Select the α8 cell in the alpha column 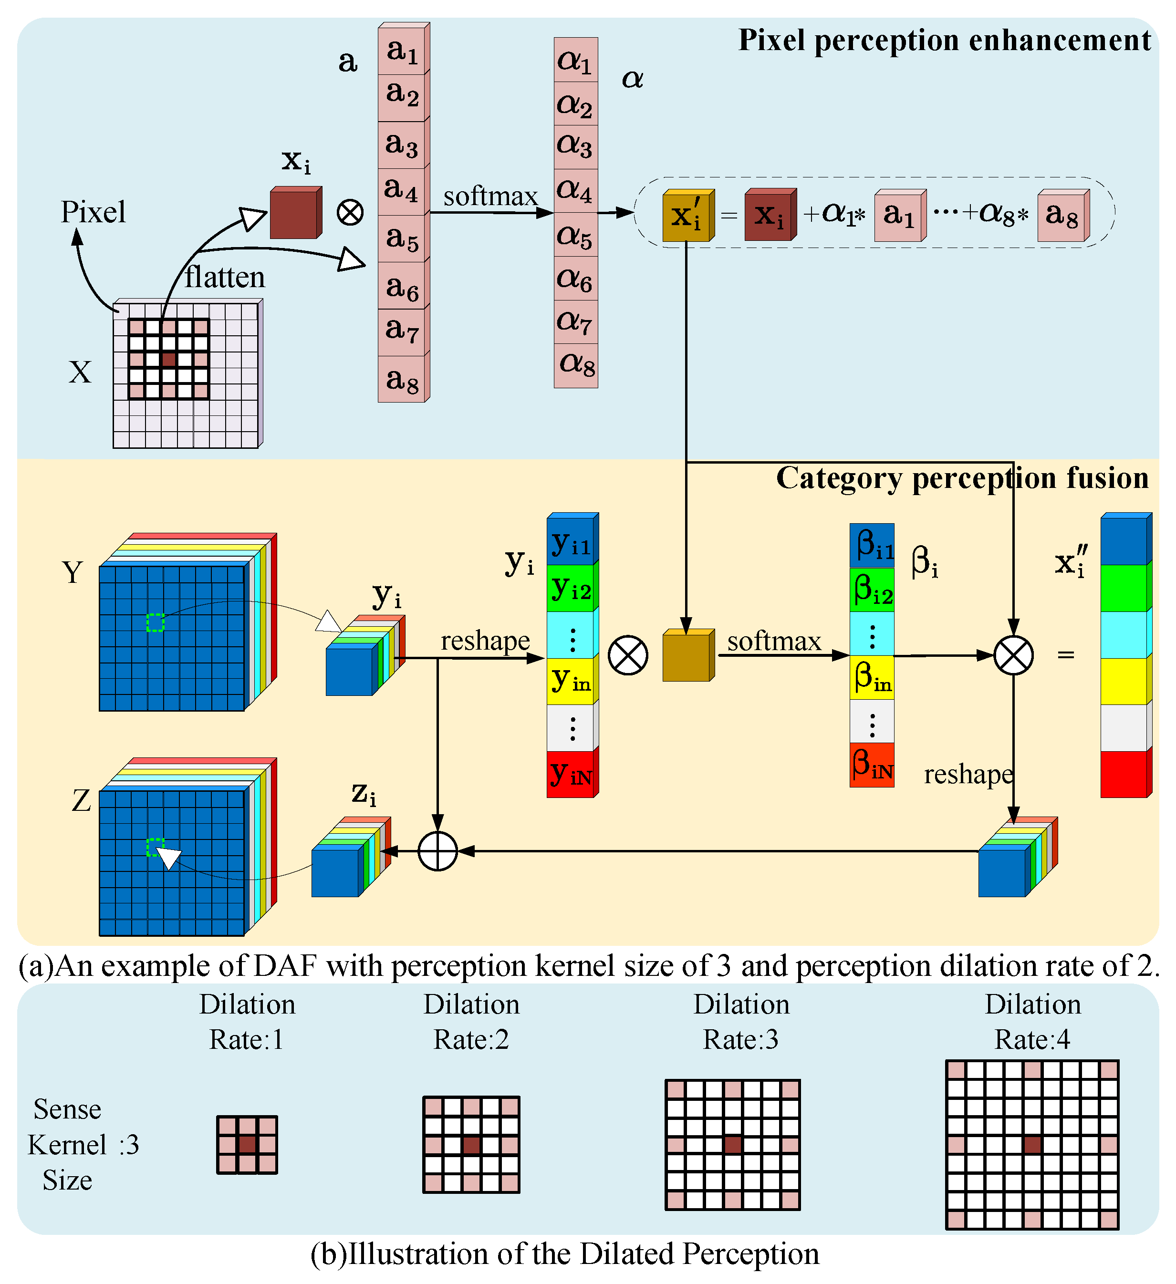pyautogui.click(x=576, y=365)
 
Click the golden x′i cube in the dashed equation pyautogui.click(x=687, y=217)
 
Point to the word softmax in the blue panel pyautogui.click(x=490, y=196)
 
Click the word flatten pyautogui.click(x=224, y=278)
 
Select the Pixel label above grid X pyautogui.click(x=93, y=212)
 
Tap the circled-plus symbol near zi pyautogui.click(x=437, y=851)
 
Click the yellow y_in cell pyautogui.click(x=571, y=680)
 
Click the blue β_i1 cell pyautogui.click(x=872, y=546)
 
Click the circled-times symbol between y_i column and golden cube pyautogui.click(x=628, y=655)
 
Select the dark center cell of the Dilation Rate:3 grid pyautogui.click(x=733, y=1145)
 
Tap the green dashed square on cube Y pyautogui.click(x=156, y=622)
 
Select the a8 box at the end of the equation pyautogui.click(x=1062, y=217)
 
